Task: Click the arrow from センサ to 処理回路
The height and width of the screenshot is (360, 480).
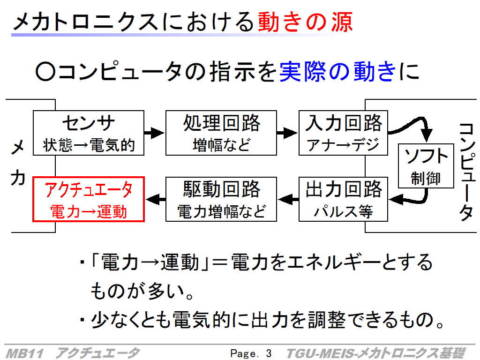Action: click(x=155, y=133)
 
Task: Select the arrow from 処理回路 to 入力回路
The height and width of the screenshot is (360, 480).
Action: click(x=287, y=133)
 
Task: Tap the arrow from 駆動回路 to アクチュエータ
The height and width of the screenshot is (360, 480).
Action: click(x=156, y=199)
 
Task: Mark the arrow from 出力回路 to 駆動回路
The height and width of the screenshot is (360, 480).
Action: click(x=288, y=199)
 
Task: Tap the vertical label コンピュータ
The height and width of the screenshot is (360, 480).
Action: click(x=467, y=172)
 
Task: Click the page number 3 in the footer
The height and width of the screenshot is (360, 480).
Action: click(x=269, y=353)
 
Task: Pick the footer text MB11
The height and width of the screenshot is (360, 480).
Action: click(x=25, y=353)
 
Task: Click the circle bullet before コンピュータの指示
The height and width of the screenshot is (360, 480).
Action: click(x=45, y=72)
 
